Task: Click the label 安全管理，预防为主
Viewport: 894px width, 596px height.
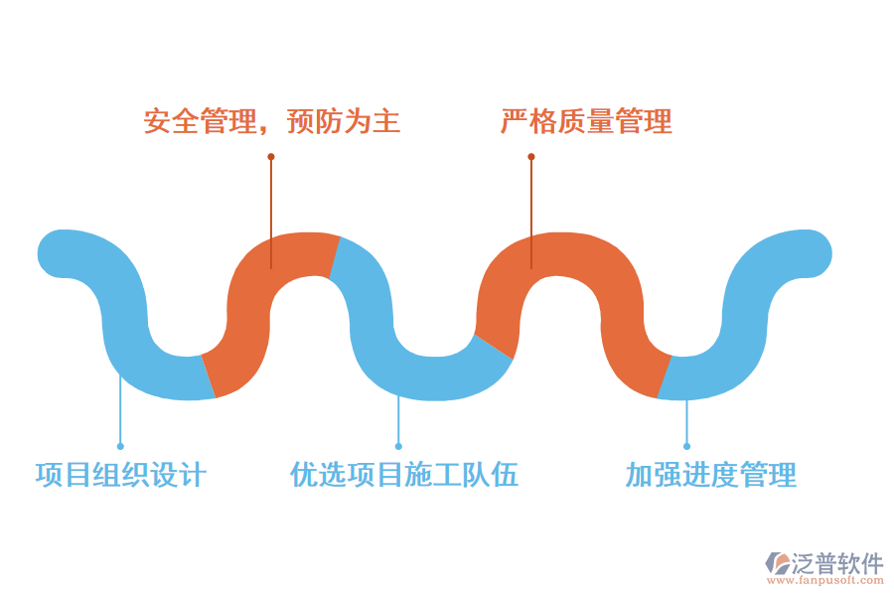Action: pos(272,121)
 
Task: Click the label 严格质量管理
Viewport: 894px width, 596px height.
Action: pos(586,121)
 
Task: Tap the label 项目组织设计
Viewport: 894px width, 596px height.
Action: pos(120,475)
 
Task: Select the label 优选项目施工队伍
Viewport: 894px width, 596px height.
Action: pos(403,475)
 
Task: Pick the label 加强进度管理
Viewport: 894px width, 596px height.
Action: pos(710,475)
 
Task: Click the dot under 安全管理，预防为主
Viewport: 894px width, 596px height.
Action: pos(270,156)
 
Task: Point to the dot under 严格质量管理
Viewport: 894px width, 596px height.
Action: pos(531,156)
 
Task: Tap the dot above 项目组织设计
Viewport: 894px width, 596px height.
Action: pos(120,446)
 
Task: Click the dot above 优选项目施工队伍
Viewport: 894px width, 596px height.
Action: pos(398,446)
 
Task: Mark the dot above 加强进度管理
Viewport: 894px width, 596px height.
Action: pos(686,446)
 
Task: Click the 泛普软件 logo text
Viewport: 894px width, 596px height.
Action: pos(836,564)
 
